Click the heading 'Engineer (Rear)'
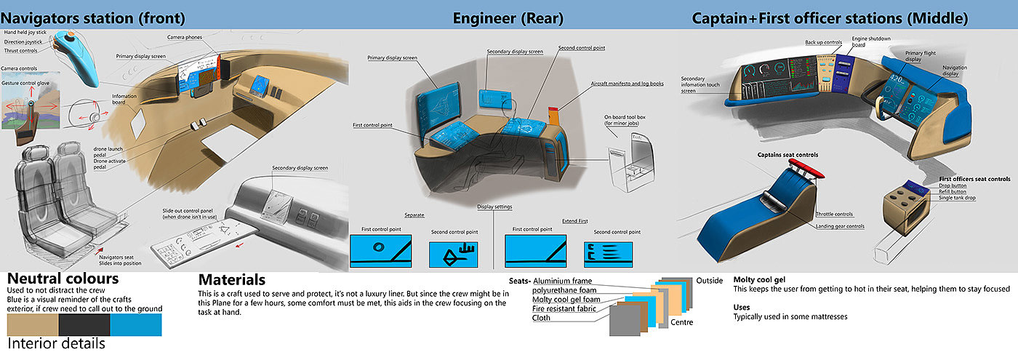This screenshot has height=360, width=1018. [x=508, y=17]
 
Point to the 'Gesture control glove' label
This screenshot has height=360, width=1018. [x=31, y=83]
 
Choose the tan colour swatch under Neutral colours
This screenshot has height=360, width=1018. [x=33, y=325]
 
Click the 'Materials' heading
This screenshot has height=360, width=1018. [x=231, y=280]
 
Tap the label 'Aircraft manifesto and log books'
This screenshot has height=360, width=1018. [x=627, y=84]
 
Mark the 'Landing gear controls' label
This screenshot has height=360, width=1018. [x=840, y=226]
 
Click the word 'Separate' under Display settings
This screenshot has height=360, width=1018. [x=414, y=215]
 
